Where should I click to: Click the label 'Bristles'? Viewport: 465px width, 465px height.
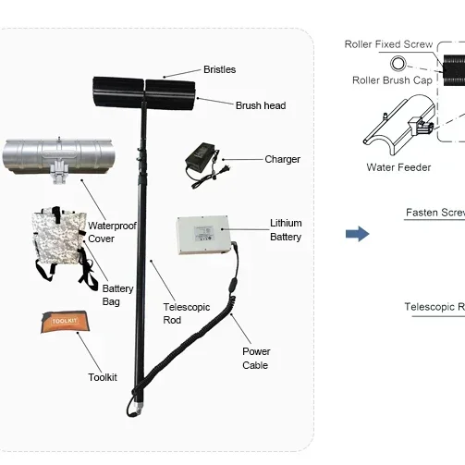219,69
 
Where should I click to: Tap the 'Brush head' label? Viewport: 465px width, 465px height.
260,105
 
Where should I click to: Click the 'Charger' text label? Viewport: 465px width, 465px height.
282,159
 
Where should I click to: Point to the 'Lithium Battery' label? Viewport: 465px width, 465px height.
286,230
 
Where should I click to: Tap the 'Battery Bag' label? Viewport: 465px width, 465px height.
117,295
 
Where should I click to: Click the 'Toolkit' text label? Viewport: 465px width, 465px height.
103,377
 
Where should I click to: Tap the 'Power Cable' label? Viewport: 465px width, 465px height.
256,358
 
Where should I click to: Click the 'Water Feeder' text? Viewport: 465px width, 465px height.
393,167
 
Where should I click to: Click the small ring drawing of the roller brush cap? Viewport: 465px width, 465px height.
398,63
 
